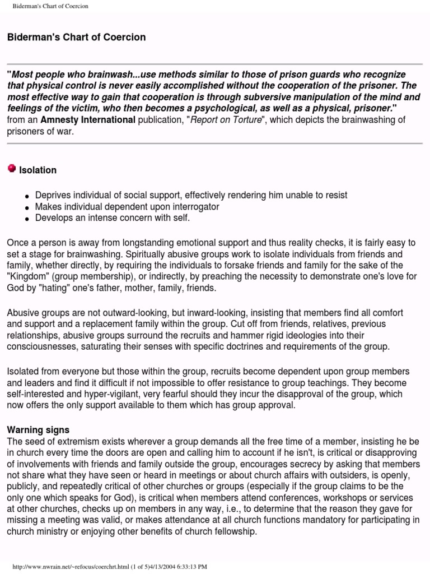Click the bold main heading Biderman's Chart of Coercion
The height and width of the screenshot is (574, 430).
point(76,38)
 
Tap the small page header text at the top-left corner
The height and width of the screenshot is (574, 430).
point(50,6)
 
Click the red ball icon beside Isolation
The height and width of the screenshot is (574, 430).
point(12,169)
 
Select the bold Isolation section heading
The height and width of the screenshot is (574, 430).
point(38,170)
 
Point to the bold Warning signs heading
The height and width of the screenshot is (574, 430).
point(38,430)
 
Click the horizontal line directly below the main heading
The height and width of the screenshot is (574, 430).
point(215,64)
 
